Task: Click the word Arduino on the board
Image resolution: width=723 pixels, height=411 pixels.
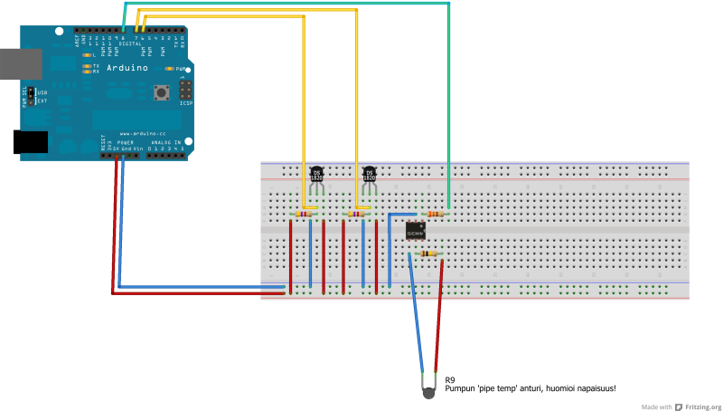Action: pyautogui.click(x=127, y=68)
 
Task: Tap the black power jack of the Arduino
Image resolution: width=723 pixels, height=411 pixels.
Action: pyautogui.click(x=31, y=142)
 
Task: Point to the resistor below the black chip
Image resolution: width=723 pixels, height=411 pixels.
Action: pyautogui.click(x=429, y=254)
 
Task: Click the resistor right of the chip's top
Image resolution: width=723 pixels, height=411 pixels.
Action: pyautogui.click(x=435, y=215)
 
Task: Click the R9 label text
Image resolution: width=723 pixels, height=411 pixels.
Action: pyautogui.click(x=450, y=379)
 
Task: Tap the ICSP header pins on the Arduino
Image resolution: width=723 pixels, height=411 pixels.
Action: pyautogui.click(x=185, y=91)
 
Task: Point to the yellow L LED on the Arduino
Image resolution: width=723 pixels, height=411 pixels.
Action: pyautogui.click(x=86, y=55)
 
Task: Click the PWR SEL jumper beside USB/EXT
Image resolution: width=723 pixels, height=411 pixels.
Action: pyautogui.click(x=30, y=95)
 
